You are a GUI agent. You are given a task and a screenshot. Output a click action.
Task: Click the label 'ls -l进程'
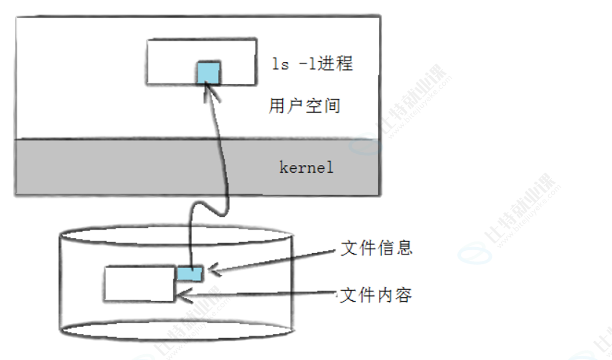312,64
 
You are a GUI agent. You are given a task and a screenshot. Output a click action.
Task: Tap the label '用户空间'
304,106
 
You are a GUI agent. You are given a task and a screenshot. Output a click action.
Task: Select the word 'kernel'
306,167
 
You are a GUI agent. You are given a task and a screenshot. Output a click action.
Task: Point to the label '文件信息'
376,248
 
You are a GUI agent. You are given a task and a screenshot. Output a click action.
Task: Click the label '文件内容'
376,295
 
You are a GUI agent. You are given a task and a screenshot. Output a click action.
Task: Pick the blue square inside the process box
209,72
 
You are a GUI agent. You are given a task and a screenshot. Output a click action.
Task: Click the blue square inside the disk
190,274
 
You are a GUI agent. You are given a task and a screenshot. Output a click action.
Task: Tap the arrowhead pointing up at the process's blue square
209,92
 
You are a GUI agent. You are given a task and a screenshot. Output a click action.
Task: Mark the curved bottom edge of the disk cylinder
176,335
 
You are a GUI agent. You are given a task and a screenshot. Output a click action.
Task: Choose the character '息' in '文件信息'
403,248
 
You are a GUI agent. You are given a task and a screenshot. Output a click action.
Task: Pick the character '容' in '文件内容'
403,295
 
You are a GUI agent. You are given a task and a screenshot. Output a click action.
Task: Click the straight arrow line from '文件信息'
276,259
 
